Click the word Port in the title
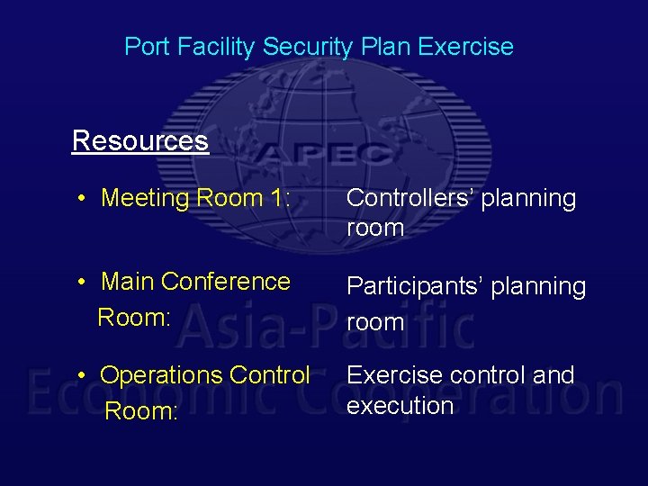(145, 47)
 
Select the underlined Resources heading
(139, 141)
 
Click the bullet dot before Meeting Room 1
(81, 198)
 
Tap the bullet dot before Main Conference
(81, 283)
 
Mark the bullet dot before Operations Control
(81, 374)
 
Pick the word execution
(400, 406)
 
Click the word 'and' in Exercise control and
(553, 374)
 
